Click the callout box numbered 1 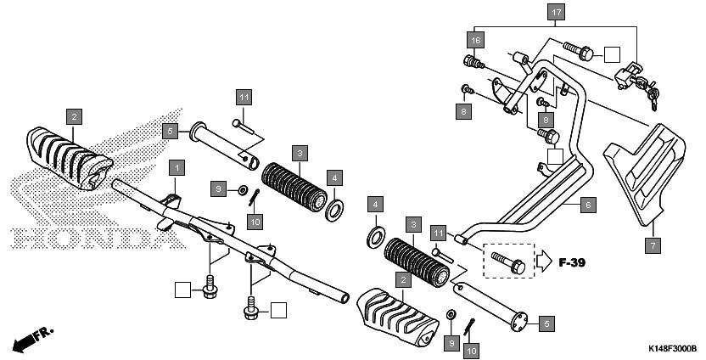click(176, 166)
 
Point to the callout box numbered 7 click(653, 245)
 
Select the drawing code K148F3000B click(672, 349)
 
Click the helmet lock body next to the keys click(625, 76)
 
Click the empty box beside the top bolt click(614, 55)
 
